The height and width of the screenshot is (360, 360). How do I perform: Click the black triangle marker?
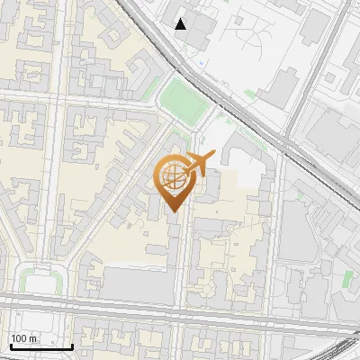point(181,23)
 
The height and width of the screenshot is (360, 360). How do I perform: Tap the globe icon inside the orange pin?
point(171,177)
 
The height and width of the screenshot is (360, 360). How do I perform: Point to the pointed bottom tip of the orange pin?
point(171,212)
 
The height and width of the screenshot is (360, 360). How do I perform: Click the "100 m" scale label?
point(24,337)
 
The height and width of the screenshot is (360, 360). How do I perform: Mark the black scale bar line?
point(40,346)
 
